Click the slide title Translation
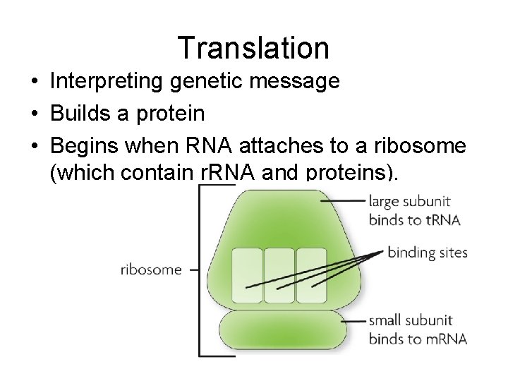pos(253,48)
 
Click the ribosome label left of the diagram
pos(151,270)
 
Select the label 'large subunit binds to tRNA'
pos(413,210)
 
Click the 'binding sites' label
pos(428,253)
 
